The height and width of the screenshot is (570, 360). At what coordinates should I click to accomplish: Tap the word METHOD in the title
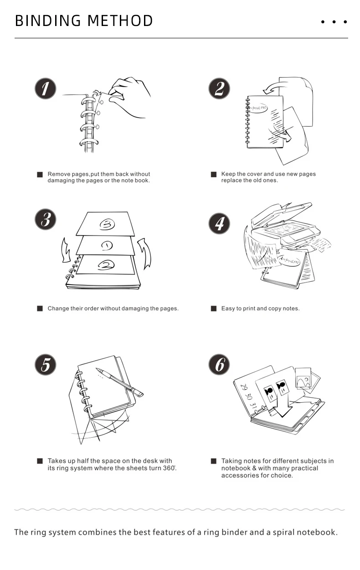[120, 21]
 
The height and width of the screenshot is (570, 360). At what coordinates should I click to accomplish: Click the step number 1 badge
[45, 88]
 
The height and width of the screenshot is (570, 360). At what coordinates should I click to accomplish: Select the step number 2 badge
[219, 88]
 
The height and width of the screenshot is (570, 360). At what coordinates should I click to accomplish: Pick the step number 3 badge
[45, 220]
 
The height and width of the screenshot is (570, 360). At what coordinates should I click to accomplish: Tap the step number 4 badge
[219, 223]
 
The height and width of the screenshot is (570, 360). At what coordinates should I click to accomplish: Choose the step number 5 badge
[45, 365]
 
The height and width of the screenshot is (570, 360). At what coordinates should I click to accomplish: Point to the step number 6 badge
[219, 365]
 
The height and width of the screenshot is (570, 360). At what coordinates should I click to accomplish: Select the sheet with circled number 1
[106, 246]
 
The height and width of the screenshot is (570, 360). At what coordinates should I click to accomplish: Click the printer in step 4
[283, 228]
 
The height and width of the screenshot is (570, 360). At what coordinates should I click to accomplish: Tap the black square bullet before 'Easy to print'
[213, 309]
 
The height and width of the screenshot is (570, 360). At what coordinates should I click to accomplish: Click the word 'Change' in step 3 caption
[58, 309]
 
